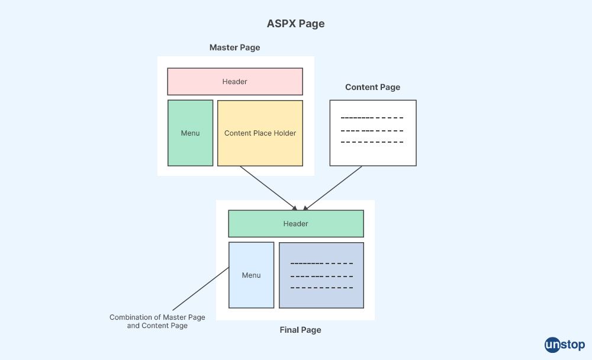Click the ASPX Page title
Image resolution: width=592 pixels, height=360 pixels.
coord(295,24)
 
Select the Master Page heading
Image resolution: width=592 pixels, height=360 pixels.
coord(234,47)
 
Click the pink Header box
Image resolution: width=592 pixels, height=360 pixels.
coord(235,81)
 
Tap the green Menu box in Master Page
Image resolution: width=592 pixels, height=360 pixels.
coord(190,133)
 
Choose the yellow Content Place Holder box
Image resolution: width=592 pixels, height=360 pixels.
coord(260,133)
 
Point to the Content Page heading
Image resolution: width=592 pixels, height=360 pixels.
coord(372,87)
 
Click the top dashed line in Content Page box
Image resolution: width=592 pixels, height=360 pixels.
coord(372,118)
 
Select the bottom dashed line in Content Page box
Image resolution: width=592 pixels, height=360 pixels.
coord(372,142)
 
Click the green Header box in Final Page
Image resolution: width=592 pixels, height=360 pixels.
coord(295,223)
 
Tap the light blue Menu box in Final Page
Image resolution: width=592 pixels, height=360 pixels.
coord(251,275)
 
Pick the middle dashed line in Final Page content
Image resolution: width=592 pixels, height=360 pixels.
coord(321,275)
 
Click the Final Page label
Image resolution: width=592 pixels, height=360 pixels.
coord(300,330)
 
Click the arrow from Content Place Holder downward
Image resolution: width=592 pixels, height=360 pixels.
coord(268,188)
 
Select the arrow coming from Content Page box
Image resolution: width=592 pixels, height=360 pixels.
coord(333,188)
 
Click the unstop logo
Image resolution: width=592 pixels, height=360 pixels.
coord(564,345)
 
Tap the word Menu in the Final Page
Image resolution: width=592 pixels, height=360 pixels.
coord(251,275)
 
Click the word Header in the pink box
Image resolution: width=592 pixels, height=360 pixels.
coord(235,82)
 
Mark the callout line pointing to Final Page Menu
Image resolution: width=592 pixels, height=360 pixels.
coord(200,289)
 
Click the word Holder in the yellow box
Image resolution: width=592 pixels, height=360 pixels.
coord(285,133)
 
